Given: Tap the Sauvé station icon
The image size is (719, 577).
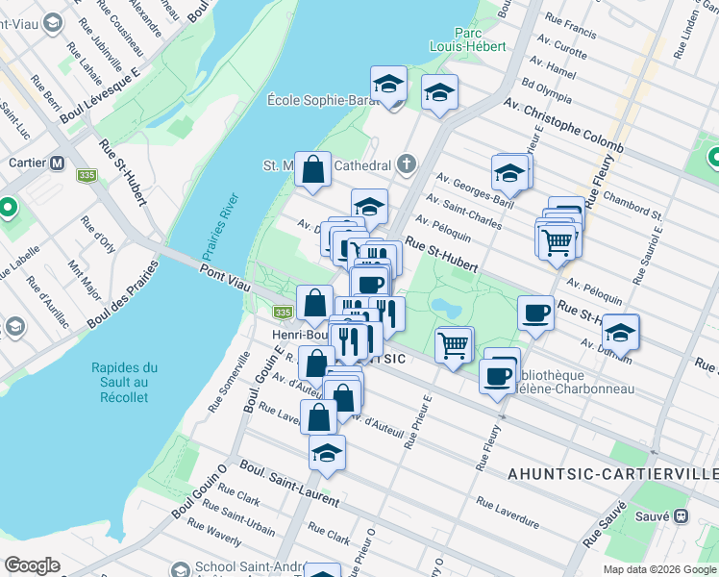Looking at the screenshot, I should click(681, 515).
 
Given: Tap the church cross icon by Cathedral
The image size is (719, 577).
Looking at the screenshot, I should click(407, 164).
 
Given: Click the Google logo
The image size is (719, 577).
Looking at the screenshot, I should click(32, 565).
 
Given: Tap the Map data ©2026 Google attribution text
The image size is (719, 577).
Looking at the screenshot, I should click(658, 569).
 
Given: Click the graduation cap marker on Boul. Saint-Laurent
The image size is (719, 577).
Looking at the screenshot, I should click(327, 452).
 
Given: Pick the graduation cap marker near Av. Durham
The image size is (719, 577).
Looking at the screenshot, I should click(621, 331).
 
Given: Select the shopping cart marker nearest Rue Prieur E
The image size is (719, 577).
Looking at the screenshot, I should click(454, 343).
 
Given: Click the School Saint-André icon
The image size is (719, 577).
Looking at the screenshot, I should click(178, 568).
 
